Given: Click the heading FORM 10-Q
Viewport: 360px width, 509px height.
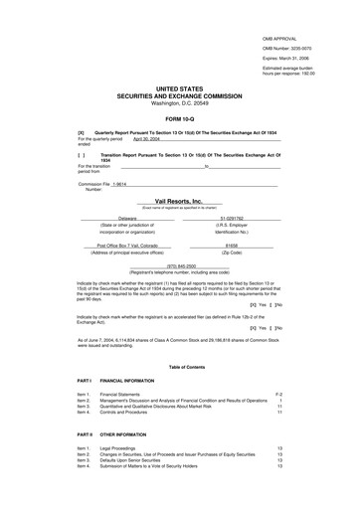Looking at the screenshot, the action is (179, 120).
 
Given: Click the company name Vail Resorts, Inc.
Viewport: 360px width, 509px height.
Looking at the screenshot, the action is (179, 200).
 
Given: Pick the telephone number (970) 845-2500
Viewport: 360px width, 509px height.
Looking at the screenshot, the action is (180, 266).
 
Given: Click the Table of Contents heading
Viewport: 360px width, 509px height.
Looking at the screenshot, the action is (179, 367).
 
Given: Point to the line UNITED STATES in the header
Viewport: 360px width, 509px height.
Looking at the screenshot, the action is (179, 87).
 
